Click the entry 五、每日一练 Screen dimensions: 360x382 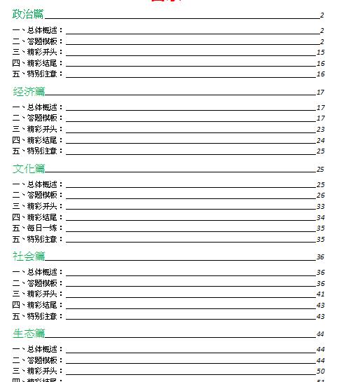click(x=38, y=228)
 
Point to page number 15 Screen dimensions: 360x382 click(x=320, y=52)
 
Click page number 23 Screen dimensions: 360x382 click(x=320, y=129)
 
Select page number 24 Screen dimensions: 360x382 click(x=320, y=140)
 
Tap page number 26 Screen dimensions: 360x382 click(x=320, y=196)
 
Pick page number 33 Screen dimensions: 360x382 click(x=320, y=206)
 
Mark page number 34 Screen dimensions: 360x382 click(x=320, y=217)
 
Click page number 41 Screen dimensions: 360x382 click(x=320, y=294)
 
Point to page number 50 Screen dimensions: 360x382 click(x=320, y=371)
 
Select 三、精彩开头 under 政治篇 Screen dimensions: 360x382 click(x=38, y=52)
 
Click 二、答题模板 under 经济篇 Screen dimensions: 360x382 click(x=38, y=118)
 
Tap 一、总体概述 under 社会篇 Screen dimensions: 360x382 click(x=38, y=272)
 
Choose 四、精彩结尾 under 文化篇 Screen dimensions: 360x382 click(x=38, y=217)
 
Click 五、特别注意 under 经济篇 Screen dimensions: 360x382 click(x=38, y=151)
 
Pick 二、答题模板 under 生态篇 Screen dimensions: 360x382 click(x=38, y=360)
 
